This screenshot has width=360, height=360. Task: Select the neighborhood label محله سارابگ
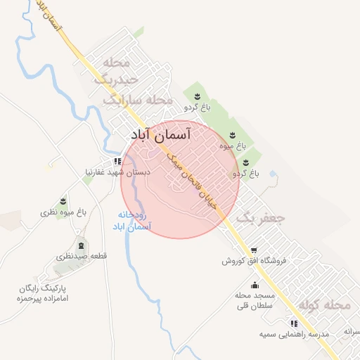pyautogui.click(x=137, y=100)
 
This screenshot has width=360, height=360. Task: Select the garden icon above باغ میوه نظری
pyautogui.click(x=63, y=201)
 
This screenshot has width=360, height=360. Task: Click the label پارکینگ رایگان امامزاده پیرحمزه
pyautogui.click(x=47, y=294)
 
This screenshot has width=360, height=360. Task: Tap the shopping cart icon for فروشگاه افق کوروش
pyautogui.click(x=254, y=250)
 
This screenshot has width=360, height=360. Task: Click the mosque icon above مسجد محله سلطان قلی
pyautogui.click(x=255, y=285)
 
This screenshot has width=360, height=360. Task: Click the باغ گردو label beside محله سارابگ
pyautogui.click(x=197, y=108)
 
